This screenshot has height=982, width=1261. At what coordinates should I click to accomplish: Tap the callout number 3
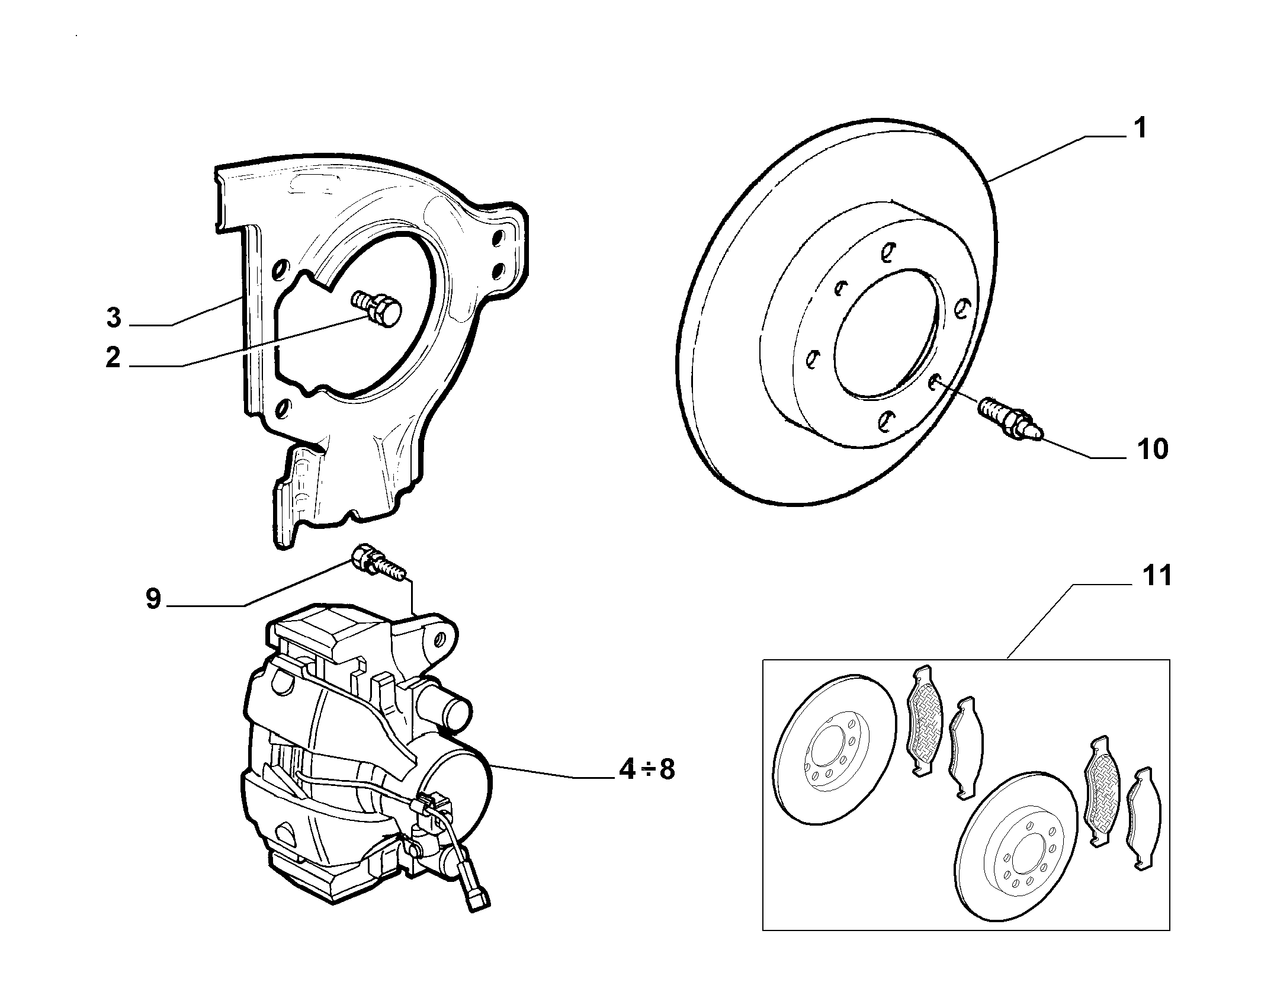click(x=114, y=317)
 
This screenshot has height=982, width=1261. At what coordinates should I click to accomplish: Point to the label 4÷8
click(x=646, y=769)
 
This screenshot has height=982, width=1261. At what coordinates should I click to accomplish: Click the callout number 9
click(x=153, y=599)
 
